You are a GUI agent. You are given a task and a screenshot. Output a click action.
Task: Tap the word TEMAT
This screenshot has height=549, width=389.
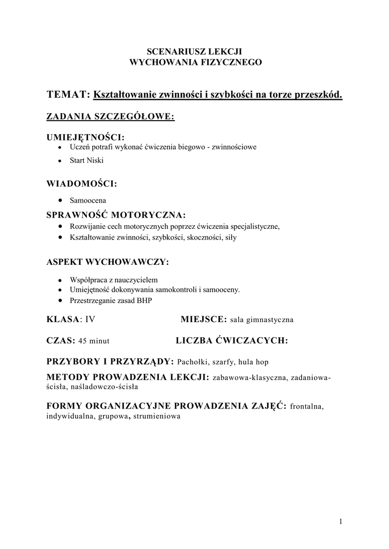[68, 95]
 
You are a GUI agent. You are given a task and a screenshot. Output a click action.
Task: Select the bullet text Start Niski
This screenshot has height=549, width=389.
[86, 160]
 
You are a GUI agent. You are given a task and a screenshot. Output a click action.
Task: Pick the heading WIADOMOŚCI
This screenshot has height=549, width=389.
[82, 183]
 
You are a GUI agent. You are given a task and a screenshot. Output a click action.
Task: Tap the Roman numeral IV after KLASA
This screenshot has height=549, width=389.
[90, 320]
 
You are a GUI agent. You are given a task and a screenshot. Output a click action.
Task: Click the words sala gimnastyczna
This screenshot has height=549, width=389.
[262, 320]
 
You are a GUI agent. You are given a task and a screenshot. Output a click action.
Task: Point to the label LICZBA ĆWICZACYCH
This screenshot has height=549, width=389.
[232, 340]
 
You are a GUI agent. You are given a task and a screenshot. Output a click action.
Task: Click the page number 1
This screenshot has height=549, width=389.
[341, 521]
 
